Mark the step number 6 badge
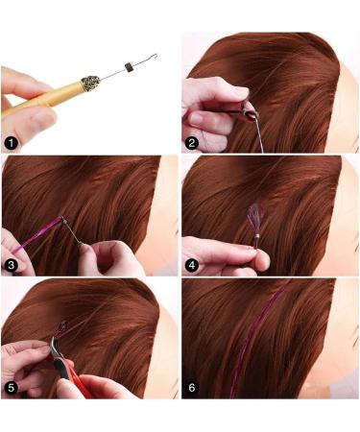[192, 387]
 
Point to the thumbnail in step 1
[19, 83]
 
